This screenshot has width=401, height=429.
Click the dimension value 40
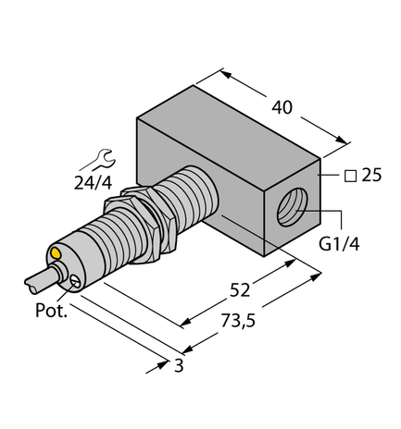[x=283, y=108]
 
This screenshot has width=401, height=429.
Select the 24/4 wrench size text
[x=92, y=181]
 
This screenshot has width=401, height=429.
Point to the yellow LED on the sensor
[x=56, y=251]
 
